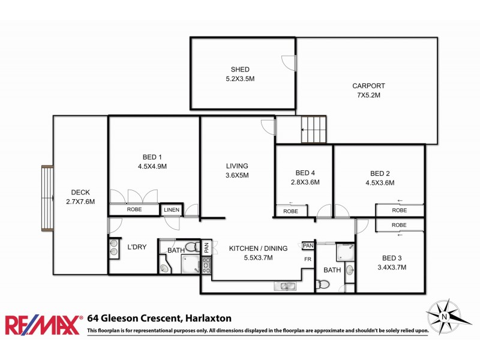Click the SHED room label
tap(239, 70)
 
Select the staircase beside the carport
tap(314, 129)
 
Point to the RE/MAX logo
tap(43, 325)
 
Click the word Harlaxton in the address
tap(207, 318)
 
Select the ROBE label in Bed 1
tap(134, 210)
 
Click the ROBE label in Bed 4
tap(290, 211)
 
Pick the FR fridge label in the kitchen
tap(308, 260)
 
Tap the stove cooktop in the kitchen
tap(206, 265)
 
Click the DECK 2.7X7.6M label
tap(80, 197)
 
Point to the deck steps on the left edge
tap(46, 198)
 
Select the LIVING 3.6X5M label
tap(237, 175)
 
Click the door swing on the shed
tap(289, 60)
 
